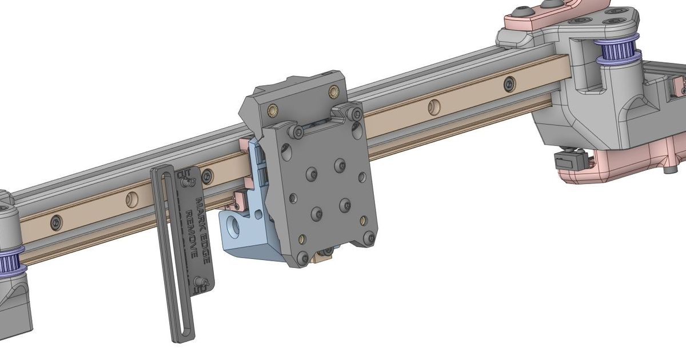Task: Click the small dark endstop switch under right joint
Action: [x=569, y=161]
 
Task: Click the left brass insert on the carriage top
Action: [x=273, y=109]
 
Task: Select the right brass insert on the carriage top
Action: [x=333, y=90]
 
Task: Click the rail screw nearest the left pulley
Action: [x=56, y=221]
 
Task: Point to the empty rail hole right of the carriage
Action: [x=434, y=106]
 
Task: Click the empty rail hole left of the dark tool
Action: [x=133, y=199]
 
